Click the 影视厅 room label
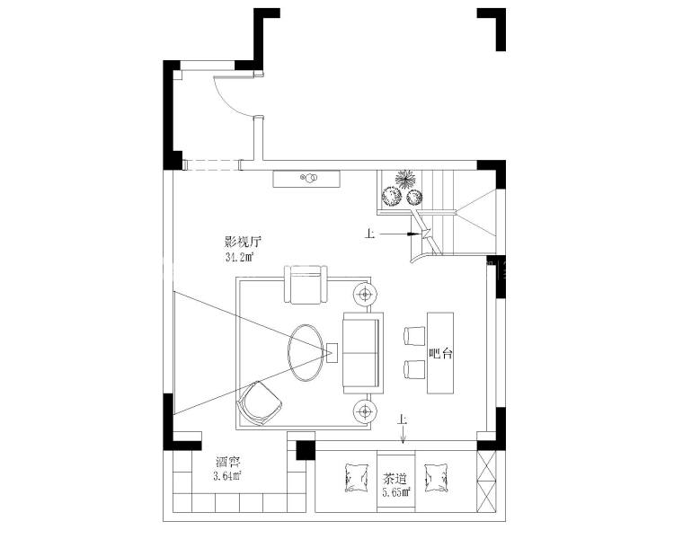click(243, 242)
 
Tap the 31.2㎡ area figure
click(239, 258)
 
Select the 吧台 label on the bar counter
click(441, 354)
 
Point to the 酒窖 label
click(228, 462)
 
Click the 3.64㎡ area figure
click(227, 476)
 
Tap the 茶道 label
click(395, 479)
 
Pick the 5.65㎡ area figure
click(396, 492)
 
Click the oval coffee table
click(306, 352)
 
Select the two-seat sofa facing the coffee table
click(363, 353)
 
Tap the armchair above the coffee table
click(306, 285)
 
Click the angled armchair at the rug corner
click(260, 402)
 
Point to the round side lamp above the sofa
click(366, 295)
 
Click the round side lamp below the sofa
click(366, 412)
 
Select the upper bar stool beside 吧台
click(415, 336)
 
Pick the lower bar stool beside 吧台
click(415, 370)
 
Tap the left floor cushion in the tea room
click(357, 478)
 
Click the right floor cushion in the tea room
click(436, 478)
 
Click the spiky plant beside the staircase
click(405, 179)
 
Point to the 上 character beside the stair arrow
click(369, 234)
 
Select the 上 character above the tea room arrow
click(403, 419)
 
